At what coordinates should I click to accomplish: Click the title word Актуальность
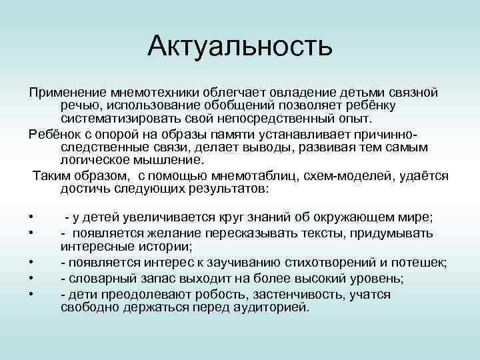[240, 47]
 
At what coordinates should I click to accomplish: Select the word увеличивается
[173, 218]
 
